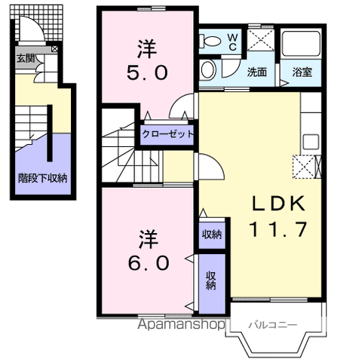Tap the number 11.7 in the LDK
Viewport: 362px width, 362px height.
tap(278, 229)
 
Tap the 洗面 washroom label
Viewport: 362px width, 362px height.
tap(257, 73)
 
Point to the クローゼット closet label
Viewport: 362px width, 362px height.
tap(168, 135)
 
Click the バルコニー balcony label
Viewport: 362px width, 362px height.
tap(272, 325)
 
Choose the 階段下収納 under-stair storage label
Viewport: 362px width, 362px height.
tap(43, 179)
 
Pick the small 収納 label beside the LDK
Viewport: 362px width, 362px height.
tap(212, 234)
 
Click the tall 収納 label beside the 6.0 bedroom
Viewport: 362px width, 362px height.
tap(212, 281)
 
